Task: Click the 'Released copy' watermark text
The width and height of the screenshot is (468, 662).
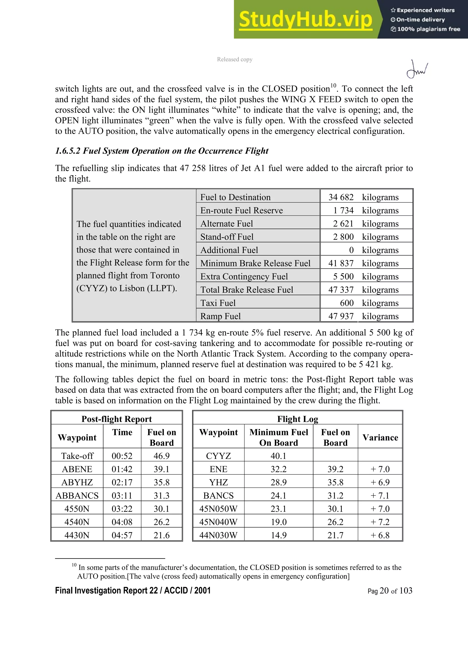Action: click(x=234, y=59)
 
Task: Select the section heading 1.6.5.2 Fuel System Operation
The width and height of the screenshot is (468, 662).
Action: click(x=162, y=151)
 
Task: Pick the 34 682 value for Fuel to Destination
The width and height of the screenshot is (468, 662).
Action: click(x=341, y=197)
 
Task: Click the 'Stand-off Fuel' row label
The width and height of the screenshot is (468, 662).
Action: click(x=227, y=237)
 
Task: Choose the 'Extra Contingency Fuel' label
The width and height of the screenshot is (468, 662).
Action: click(x=244, y=276)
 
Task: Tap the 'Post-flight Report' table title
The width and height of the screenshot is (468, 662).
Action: click(x=117, y=419)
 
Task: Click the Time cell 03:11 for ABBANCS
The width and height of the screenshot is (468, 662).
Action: click(x=122, y=496)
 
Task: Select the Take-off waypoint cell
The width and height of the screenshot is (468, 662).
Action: click(x=77, y=456)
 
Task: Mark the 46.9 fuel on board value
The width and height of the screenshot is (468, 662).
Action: click(x=162, y=456)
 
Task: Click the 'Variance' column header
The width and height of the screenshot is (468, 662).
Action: click(x=380, y=437)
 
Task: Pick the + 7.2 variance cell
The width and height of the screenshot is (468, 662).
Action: click(x=380, y=522)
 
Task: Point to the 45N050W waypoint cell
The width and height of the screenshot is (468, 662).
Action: click(x=218, y=509)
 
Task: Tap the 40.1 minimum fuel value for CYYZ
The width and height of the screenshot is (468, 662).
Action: click(x=278, y=456)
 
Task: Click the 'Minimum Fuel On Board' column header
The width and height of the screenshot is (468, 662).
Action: click(x=278, y=437)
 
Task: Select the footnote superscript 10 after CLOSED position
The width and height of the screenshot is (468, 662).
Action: click(x=333, y=86)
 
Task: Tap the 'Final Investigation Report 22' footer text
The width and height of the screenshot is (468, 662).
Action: click(x=133, y=591)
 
